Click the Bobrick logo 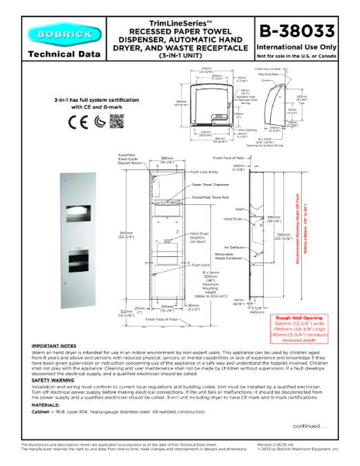(56, 33)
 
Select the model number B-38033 (296, 31)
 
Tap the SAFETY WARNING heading (52, 380)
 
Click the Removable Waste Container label (227, 256)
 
